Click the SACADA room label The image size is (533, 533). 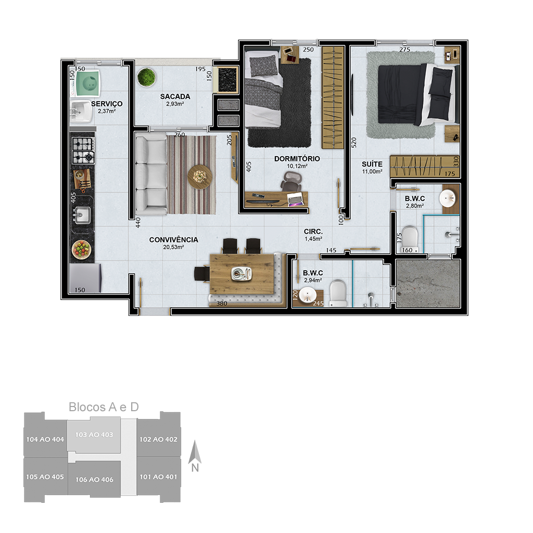pos(175,96)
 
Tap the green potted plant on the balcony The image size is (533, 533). pos(146,77)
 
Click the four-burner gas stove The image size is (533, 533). pos(83,151)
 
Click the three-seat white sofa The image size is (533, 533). pos(151,174)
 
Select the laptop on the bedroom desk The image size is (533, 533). pos(295,199)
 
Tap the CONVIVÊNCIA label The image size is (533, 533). pos(174,239)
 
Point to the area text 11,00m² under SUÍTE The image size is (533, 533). pos(372,172)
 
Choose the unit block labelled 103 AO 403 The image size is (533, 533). pos(94,437)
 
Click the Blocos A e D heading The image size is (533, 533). pos(104,407)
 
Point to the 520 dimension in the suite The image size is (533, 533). pos(354,142)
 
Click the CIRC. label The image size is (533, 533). pos(313,232)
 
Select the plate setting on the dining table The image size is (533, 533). pos(242,274)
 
